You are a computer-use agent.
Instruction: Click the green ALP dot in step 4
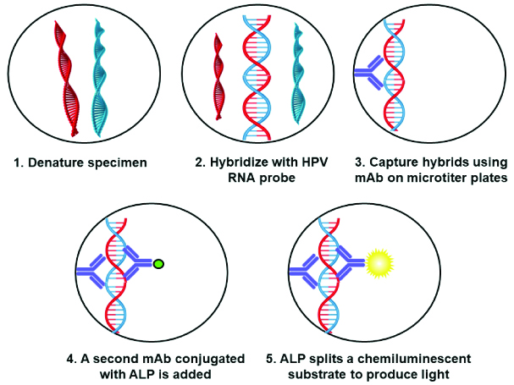click(158, 266)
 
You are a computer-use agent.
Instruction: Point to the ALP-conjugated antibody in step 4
click(137, 266)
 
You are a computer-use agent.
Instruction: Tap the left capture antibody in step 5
click(307, 271)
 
